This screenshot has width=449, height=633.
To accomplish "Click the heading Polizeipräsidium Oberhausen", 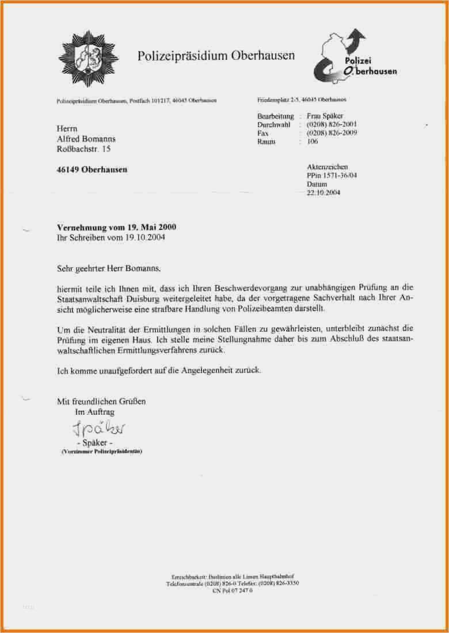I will click(x=216, y=56).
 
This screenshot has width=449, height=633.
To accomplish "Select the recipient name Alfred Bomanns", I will click(x=86, y=139).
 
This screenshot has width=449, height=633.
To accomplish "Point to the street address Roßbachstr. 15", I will click(x=83, y=150).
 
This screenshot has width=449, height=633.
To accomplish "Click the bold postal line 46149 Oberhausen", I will click(x=92, y=170).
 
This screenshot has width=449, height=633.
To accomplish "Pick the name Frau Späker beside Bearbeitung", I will click(x=325, y=116).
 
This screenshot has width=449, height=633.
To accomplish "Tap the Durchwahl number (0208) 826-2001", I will click(x=332, y=124).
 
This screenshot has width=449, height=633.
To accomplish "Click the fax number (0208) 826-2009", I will click(x=332, y=133).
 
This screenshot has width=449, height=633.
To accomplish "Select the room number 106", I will click(x=313, y=141).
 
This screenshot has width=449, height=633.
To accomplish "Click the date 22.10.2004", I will click(x=324, y=193).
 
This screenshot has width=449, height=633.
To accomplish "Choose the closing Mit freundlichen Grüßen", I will click(x=101, y=401).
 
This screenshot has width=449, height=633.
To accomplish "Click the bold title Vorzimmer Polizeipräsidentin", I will click(x=101, y=452).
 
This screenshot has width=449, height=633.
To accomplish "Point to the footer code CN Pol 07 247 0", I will click(x=233, y=591).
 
